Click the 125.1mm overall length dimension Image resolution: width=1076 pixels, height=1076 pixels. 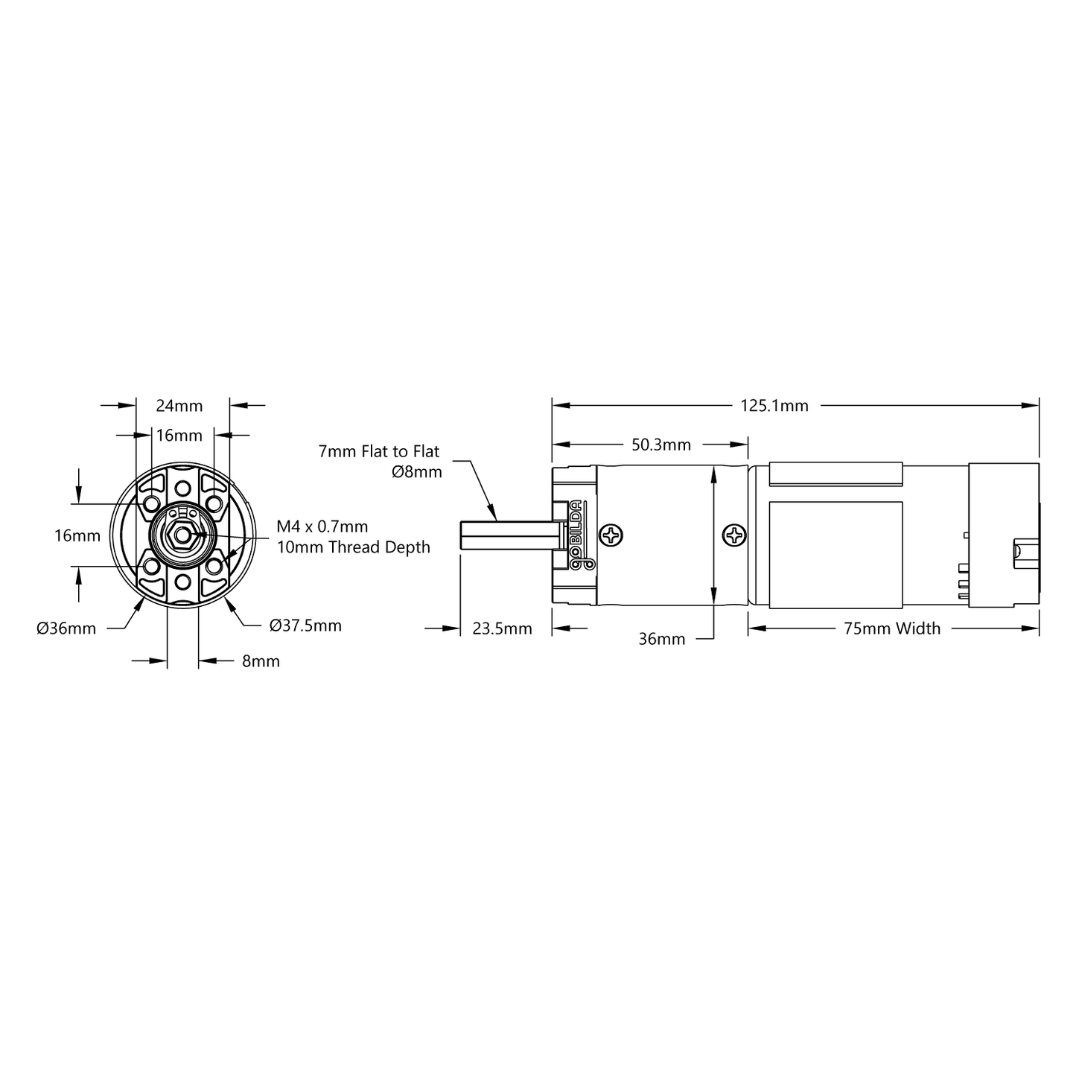point(774,405)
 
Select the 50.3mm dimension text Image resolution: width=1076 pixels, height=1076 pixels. point(660,445)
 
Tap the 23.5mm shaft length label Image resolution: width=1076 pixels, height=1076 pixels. point(501,628)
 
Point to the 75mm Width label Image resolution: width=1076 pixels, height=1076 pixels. point(892,628)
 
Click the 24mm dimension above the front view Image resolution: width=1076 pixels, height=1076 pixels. point(179,405)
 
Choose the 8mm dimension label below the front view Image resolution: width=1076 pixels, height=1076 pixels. point(261,661)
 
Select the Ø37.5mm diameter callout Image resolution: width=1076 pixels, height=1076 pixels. point(305,625)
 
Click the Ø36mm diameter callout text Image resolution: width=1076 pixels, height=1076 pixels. point(66,628)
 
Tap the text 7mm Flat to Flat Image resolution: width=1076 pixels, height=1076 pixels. point(378,451)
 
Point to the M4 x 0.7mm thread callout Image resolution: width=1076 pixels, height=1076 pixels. point(322,526)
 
